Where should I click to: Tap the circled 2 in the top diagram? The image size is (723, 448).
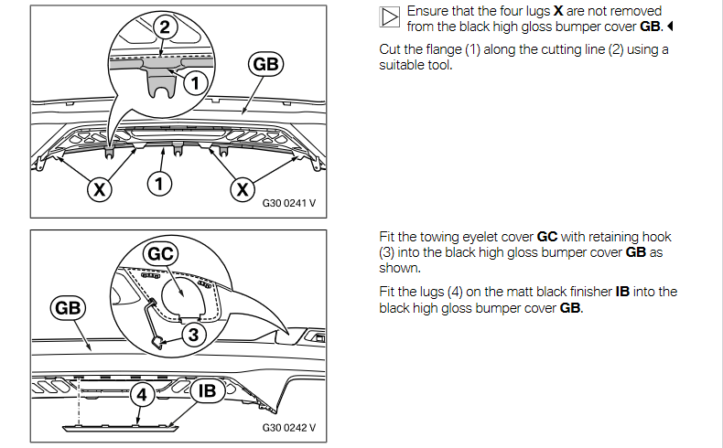165,27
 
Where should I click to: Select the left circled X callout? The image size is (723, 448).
99,189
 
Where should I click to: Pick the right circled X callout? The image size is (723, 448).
243,189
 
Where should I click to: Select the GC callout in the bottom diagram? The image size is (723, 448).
162,253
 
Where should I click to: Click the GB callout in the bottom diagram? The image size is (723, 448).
69,308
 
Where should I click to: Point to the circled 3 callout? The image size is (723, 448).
192,335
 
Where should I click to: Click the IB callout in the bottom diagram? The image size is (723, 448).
207,391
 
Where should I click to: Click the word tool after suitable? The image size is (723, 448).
438,65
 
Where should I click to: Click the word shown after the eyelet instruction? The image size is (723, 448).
398,268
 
